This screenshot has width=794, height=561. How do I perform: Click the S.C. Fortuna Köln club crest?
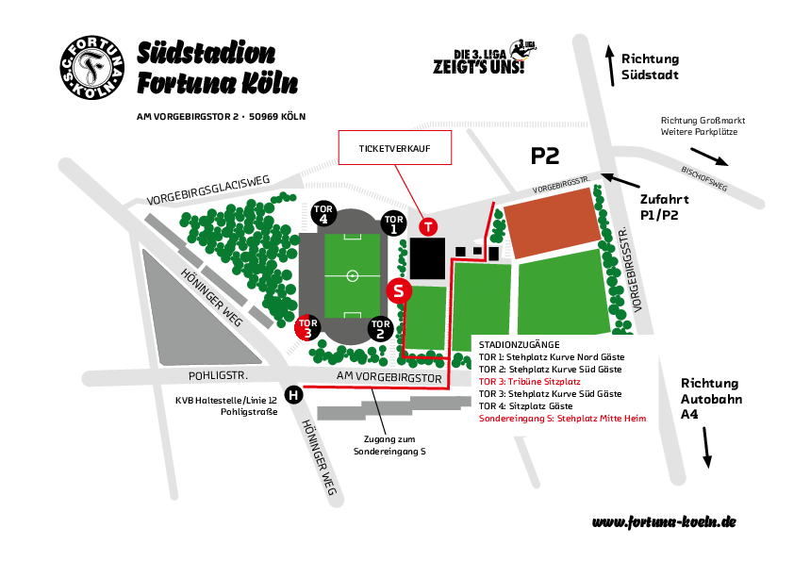92,67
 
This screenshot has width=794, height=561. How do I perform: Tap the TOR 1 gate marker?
393,223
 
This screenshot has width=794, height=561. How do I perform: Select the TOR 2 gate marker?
380,328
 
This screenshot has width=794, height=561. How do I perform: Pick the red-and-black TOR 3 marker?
307,327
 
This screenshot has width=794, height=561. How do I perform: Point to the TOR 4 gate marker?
323,213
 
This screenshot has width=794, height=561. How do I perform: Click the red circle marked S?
399,290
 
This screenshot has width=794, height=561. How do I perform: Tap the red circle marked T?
428,226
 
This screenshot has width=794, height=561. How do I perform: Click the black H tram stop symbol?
293,394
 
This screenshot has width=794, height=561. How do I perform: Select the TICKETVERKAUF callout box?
395,147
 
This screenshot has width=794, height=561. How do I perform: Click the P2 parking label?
545,156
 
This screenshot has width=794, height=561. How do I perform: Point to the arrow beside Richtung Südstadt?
611,66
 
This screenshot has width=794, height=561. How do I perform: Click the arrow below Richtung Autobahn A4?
707,448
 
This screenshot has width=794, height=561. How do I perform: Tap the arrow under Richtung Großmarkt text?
709,157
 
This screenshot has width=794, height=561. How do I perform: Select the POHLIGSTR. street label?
218,375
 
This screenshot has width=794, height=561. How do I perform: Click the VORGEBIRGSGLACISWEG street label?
208,190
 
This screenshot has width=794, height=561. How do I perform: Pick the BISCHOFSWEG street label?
704,179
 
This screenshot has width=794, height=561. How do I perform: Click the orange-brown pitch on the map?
553,223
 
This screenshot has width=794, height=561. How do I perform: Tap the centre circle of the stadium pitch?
353,275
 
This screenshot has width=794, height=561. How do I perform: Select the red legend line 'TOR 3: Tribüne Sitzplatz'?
530,382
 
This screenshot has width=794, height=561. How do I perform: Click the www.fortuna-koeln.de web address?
664,522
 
